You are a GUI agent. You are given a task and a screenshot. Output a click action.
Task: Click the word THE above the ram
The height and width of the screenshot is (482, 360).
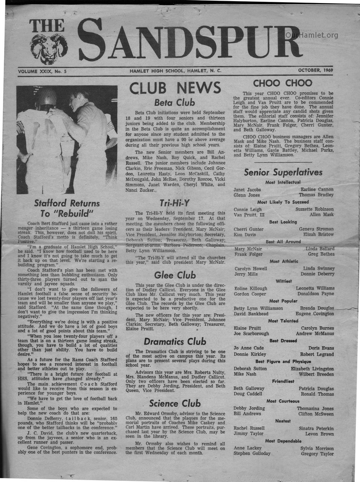[x=47, y=26]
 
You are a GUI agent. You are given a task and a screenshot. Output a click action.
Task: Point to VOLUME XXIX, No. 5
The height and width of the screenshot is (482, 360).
[x=42, y=71]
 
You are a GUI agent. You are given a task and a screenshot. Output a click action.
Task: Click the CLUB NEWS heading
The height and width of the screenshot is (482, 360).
[x=175, y=88]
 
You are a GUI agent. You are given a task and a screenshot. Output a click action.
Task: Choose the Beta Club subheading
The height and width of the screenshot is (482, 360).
[x=175, y=102]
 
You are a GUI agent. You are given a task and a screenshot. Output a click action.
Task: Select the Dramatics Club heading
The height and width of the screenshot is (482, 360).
[x=175, y=342]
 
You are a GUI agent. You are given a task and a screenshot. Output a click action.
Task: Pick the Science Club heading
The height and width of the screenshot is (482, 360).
[x=175, y=403]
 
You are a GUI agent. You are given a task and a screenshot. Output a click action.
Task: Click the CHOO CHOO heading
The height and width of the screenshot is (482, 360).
[x=282, y=83]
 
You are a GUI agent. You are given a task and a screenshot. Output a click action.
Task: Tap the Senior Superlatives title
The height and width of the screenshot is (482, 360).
[x=283, y=172]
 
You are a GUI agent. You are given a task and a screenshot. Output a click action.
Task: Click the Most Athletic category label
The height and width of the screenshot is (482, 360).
[x=284, y=261]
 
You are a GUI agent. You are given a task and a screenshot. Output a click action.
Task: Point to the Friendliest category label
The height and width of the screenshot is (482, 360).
[x=283, y=381]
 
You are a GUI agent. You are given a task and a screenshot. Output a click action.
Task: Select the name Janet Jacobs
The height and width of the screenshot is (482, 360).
[x=247, y=190]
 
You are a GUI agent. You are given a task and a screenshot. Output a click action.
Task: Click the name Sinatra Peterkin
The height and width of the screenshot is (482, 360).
[x=316, y=429]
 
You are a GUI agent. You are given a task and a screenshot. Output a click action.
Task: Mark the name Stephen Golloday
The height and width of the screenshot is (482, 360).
[x=252, y=453]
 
